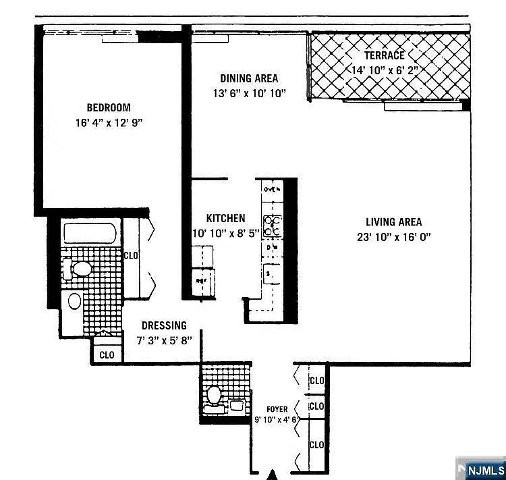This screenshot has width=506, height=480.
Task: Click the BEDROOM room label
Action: pos(108,107)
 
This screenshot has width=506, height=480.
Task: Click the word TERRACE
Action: pos(385,55)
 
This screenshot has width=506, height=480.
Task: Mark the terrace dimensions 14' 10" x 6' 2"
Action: pos(385,70)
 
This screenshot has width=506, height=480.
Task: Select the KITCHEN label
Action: pos(225,219)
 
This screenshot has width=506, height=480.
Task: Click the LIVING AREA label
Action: pos(393,222)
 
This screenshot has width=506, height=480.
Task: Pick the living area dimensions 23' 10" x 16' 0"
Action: pos(393,237)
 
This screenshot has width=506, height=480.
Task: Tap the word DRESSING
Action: pos(164,325)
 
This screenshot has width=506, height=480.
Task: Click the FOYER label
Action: pos(277,409)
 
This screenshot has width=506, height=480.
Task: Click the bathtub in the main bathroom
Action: pos(90,234)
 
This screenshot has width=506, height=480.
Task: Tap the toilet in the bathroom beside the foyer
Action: pos(215,394)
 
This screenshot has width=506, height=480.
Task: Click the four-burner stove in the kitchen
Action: pos(273,225)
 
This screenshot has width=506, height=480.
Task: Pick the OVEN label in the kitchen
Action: pos(271,190)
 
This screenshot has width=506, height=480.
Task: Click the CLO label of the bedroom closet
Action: pos(131,255)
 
